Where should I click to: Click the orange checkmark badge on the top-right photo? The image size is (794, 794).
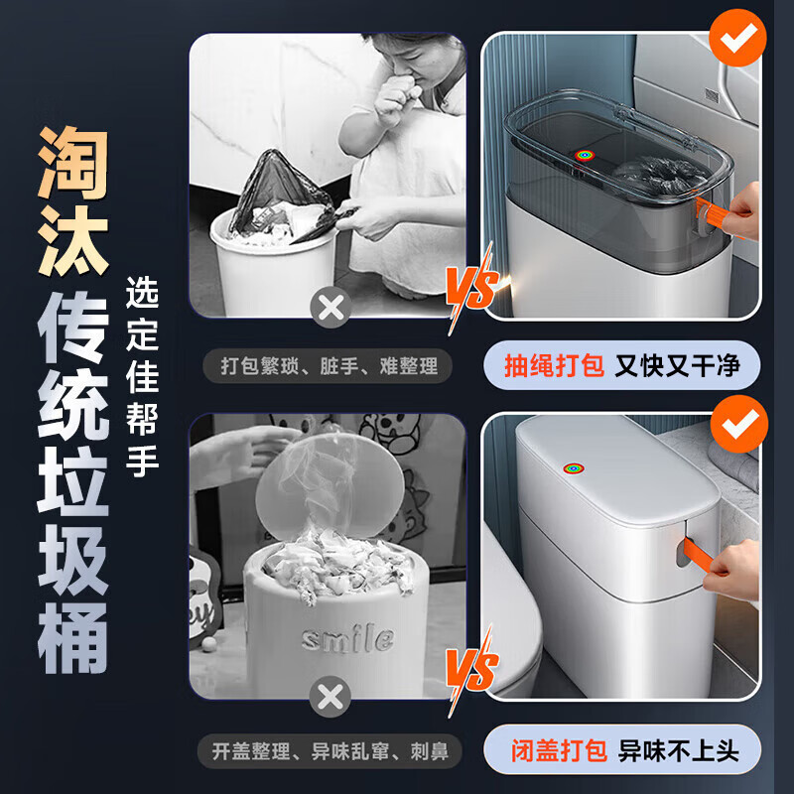coord(735,39)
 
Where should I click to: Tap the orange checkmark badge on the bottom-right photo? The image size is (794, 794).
coord(735,424)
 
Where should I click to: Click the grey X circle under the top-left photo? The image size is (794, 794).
coord(330,309)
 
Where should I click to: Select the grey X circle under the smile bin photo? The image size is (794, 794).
coord(330,696)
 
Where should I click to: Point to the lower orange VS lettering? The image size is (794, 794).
coord(470,671)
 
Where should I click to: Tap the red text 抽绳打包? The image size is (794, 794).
coord(554,366)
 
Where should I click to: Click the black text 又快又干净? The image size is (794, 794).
coord(677,366)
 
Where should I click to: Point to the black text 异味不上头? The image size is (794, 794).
coord(679,750)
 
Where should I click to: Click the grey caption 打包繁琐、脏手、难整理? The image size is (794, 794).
coord(328,366)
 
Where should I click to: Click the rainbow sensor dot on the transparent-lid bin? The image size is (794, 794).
coord(582,156)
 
